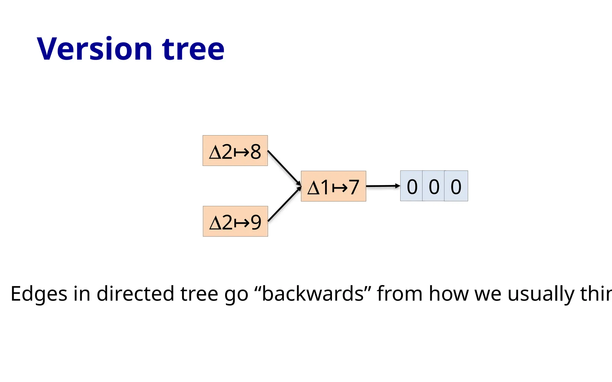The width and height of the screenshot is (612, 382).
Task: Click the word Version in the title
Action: (94, 49)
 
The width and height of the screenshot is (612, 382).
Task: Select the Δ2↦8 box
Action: (235, 151)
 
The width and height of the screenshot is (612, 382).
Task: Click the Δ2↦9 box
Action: (235, 221)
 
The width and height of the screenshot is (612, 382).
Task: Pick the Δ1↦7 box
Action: (333, 186)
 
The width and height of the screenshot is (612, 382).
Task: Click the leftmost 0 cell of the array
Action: (412, 186)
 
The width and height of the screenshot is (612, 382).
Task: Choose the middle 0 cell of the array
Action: (434, 186)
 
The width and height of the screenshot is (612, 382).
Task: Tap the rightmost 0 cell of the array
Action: (456, 186)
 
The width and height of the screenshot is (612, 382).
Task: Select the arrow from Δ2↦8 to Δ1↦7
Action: (284, 167)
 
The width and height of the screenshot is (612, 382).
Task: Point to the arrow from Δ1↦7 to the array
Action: (382, 186)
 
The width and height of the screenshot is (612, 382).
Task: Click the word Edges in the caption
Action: (39, 294)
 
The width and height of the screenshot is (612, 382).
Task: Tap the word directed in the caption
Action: (135, 294)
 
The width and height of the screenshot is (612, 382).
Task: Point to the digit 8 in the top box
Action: (256, 152)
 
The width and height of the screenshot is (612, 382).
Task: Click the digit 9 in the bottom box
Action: (256, 222)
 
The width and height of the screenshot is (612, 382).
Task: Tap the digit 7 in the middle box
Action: (354, 187)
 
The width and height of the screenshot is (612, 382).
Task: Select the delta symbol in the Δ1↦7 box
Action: (313, 188)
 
